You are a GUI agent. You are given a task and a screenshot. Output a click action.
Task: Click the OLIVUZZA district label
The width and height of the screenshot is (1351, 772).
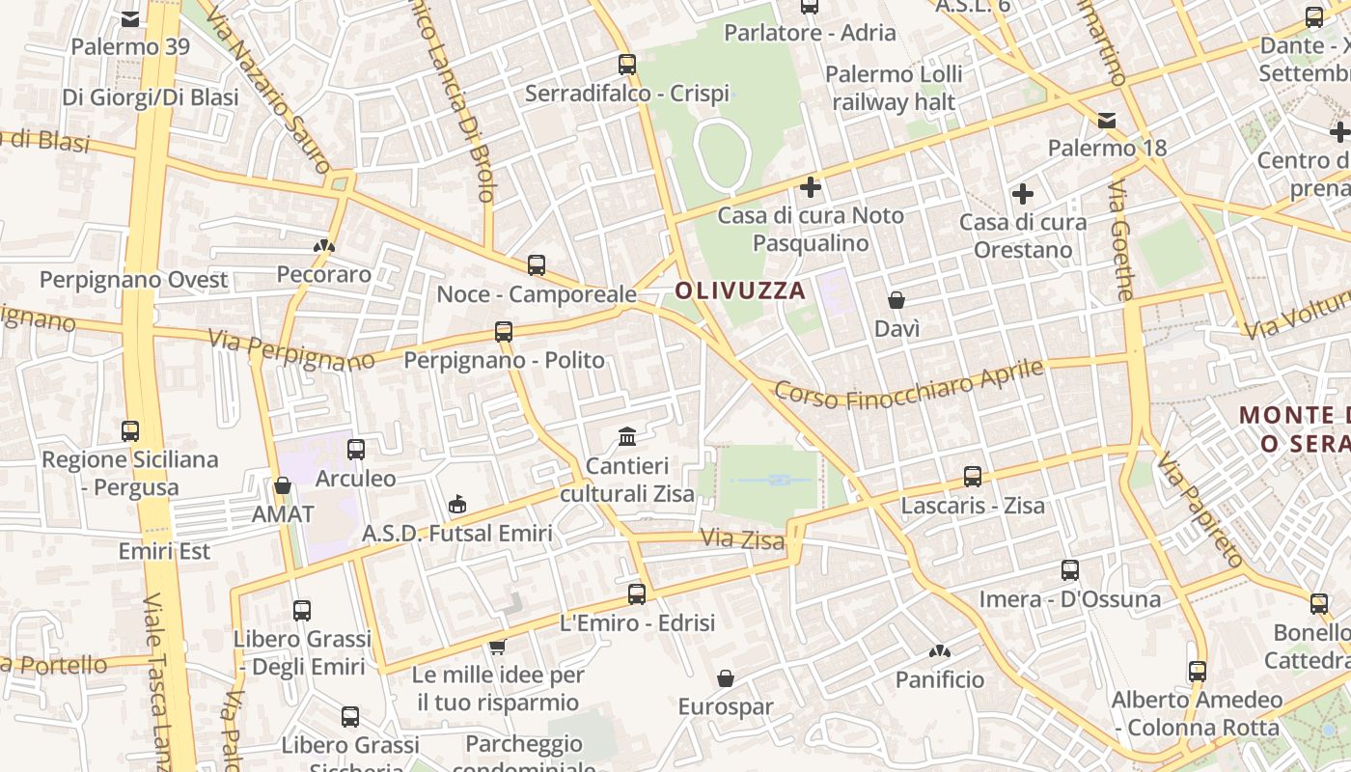tap(739, 289)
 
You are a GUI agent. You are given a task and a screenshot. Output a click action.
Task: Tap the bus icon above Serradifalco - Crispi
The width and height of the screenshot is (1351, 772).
tap(627, 65)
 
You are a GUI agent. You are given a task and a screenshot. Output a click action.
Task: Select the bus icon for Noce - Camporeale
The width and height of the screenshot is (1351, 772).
tap(537, 265)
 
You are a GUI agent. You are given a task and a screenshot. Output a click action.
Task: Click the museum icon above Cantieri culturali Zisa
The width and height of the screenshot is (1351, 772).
tap(627, 436)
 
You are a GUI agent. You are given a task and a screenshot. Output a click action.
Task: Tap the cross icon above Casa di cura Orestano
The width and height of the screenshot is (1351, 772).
tap(1023, 194)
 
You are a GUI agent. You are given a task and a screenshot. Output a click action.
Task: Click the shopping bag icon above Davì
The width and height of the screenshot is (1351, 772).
tap(896, 300)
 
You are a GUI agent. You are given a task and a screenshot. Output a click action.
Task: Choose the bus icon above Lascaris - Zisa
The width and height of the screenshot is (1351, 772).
tap(973, 476)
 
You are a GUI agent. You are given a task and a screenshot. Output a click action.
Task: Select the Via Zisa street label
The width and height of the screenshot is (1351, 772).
tap(742, 538)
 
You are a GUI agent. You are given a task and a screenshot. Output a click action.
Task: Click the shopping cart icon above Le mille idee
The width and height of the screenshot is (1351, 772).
tap(498, 646)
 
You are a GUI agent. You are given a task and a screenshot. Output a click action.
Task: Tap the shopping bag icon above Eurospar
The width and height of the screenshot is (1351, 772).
tap(726, 678)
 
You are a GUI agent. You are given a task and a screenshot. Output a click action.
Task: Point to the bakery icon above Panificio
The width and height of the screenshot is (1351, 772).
tap(940, 651)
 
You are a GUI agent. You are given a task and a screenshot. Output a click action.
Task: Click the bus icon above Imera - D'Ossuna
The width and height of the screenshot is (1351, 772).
tap(1069, 570)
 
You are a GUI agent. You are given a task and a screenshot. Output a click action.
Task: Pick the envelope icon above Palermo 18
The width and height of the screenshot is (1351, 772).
tap(1107, 121)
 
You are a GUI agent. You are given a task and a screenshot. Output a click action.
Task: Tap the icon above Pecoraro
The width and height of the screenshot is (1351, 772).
tap(324, 246)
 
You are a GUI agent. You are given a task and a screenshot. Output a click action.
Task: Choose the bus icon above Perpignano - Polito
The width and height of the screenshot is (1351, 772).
tap(504, 332)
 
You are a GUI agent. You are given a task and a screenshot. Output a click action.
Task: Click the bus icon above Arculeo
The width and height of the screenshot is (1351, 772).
tap(356, 449)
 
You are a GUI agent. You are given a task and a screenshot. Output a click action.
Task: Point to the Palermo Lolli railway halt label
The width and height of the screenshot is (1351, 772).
tap(894, 88)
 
